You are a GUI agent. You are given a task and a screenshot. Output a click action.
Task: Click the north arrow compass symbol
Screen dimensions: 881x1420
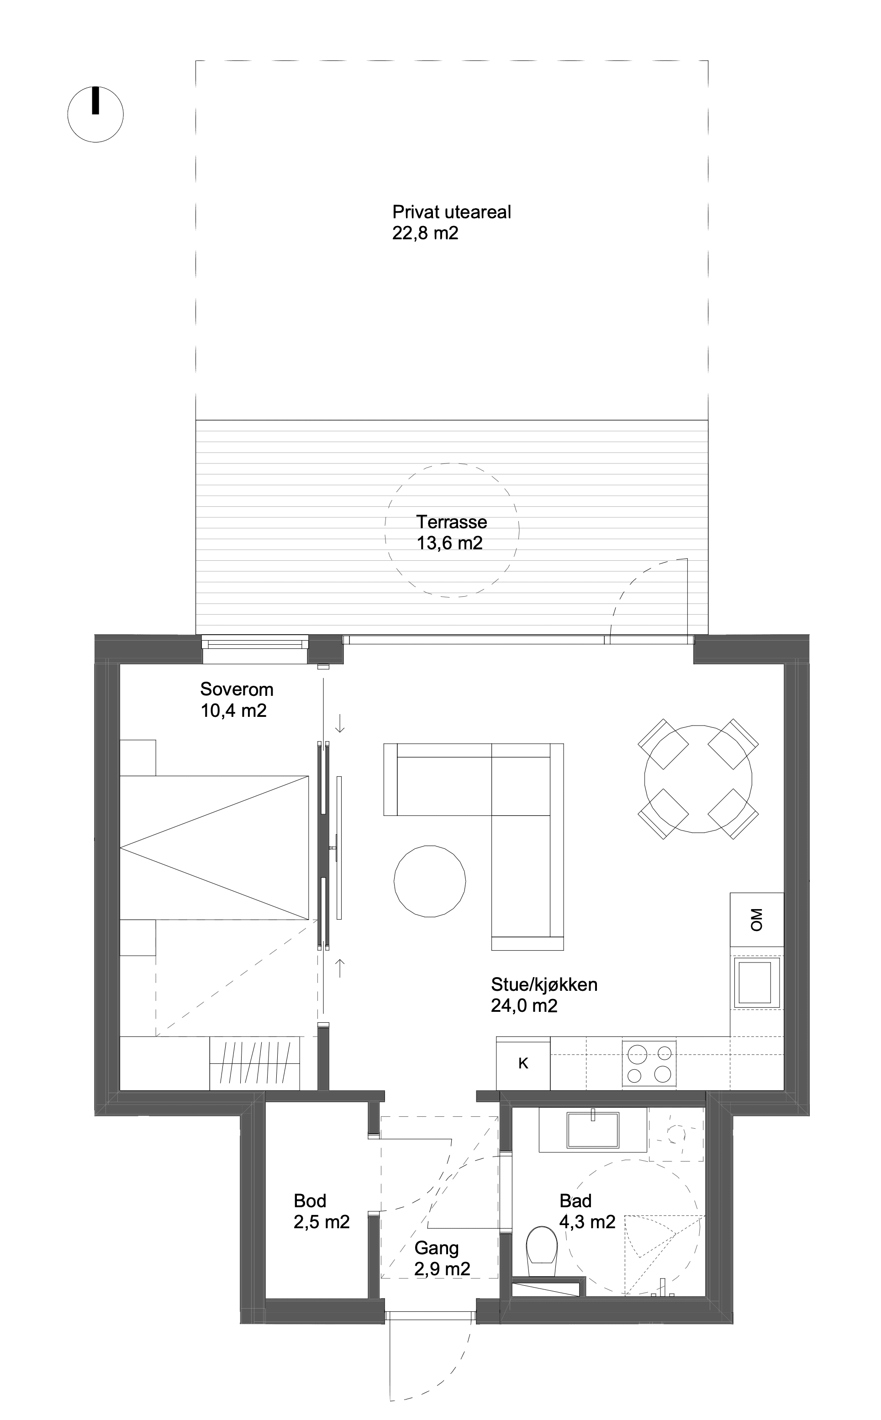(x=95, y=114)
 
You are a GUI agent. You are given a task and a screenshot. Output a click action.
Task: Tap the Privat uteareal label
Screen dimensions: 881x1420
(x=452, y=212)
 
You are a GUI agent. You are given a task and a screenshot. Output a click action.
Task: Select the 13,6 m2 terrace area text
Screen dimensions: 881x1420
(x=449, y=543)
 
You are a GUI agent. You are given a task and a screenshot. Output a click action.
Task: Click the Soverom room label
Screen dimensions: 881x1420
(x=237, y=689)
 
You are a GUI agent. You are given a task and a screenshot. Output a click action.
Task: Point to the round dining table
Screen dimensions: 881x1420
(x=698, y=779)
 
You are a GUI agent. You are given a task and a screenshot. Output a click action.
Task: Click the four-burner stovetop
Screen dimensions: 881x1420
(x=649, y=1063)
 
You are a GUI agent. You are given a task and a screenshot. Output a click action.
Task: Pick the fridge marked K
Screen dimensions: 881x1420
(x=523, y=1063)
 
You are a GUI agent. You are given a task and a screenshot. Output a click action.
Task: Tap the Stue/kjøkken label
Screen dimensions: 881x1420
(x=544, y=984)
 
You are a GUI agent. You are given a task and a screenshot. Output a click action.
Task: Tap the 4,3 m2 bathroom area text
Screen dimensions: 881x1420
(x=587, y=1221)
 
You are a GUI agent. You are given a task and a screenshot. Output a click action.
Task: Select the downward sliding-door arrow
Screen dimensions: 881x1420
(x=341, y=723)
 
